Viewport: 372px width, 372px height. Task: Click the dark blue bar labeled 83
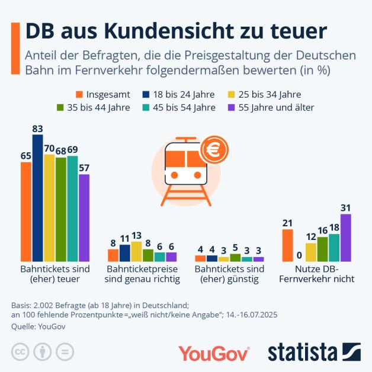(x=38, y=198)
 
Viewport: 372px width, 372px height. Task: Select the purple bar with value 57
(x=84, y=218)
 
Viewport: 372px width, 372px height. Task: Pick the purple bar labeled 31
(x=346, y=238)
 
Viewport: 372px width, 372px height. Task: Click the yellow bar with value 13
(x=136, y=252)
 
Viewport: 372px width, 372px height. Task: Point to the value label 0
(x=299, y=255)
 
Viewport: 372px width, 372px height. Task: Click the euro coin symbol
(x=211, y=151)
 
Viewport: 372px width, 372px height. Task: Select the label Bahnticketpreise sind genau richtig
(x=142, y=274)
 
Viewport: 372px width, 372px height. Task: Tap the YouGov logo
(x=214, y=353)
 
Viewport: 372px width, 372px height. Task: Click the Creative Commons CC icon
(x=21, y=351)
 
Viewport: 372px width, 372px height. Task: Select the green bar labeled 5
(x=235, y=258)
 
